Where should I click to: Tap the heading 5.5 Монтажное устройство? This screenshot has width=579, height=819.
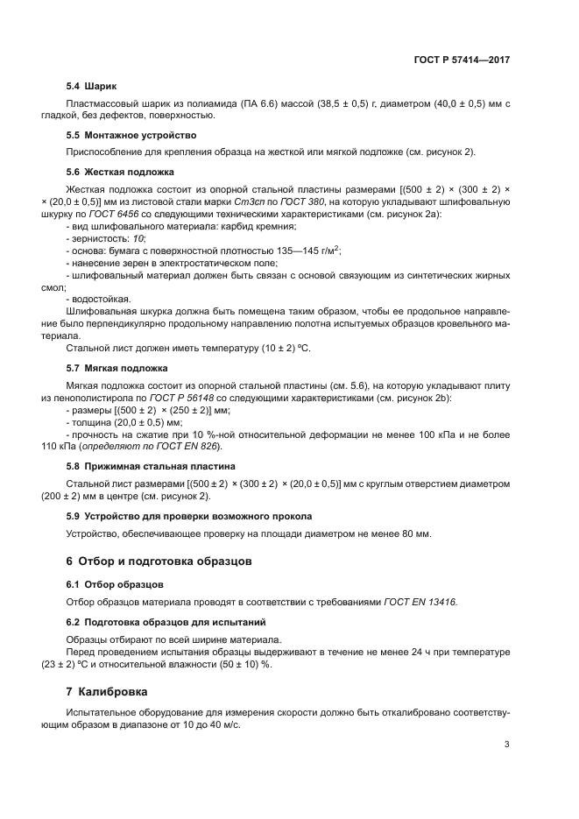pyautogui.click(x=131, y=135)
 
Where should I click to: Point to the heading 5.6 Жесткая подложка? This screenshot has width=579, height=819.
pyautogui.click(x=120, y=172)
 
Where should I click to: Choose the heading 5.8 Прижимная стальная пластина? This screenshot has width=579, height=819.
pyautogui.click(x=151, y=466)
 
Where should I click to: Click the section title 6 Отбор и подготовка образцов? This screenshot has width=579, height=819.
pyautogui.click(x=162, y=559)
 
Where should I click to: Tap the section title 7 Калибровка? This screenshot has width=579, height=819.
pyautogui.click(x=109, y=692)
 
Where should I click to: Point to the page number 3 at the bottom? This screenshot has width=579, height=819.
pyautogui.click(x=506, y=745)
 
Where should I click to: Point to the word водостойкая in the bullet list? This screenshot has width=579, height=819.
pyautogui.click(x=102, y=299)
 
